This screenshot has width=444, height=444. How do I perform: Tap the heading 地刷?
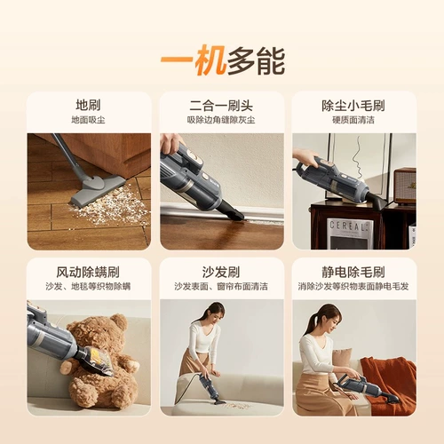coord(88,105)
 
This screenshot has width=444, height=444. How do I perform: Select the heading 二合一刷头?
coord(221,105)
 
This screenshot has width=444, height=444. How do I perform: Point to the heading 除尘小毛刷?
coord(353,105)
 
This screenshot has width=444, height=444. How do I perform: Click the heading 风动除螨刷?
coord(88,272)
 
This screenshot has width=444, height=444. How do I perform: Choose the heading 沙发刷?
coord(221,272)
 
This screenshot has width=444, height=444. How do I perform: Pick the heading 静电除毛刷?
coord(353,272)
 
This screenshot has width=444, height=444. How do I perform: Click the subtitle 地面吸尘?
coord(88,120)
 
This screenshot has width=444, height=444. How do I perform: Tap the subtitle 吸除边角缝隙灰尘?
coord(221,120)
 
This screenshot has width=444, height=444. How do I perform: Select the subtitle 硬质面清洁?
coord(353,120)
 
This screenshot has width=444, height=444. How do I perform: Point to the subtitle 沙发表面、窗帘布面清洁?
coord(221,287)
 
